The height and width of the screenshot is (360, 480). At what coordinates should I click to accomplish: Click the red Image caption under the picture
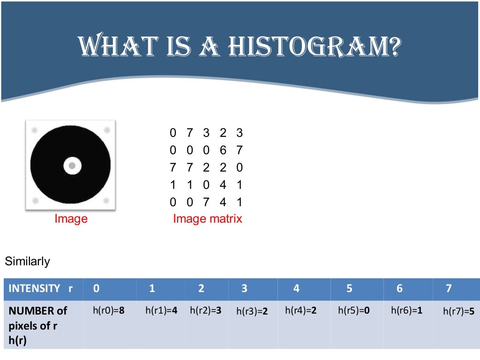click(x=71, y=218)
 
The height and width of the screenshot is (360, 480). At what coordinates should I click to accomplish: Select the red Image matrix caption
click(x=208, y=218)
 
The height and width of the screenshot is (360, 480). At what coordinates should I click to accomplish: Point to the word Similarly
click(x=27, y=262)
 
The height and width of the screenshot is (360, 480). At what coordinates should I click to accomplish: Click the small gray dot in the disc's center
click(x=72, y=165)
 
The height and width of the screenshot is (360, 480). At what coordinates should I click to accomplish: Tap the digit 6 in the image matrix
click(x=223, y=150)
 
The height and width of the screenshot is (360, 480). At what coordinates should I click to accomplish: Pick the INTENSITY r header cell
click(x=41, y=289)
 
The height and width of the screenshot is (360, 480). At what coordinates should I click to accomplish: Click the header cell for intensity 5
click(x=349, y=289)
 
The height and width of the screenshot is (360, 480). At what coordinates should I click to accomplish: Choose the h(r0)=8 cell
click(x=109, y=310)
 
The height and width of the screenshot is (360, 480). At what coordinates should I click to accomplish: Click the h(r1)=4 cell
click(x=161, y=310)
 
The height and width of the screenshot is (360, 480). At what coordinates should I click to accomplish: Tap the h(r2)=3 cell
click(x=205, y=310)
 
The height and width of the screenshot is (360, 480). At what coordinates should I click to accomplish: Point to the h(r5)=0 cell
click(x=354, y=310)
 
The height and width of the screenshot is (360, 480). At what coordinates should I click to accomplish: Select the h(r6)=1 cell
click(x=407, y=310)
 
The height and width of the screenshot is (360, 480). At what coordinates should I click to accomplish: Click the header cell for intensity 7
click(x=449, y=289)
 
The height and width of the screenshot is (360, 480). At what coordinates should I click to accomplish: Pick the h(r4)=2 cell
click(x=301, y=310)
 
